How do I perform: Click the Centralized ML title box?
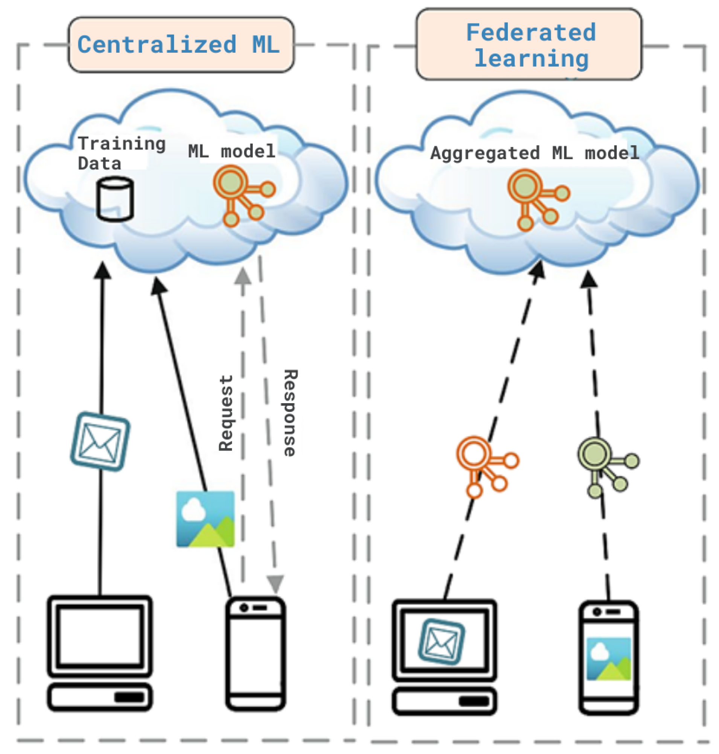point(181,44)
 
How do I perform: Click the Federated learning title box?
point(529,44)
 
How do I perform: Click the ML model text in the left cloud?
point(232,151)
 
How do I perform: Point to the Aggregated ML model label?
point(534,153)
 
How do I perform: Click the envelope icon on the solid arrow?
point(100,441)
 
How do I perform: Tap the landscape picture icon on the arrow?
point(205,518)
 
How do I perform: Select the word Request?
point(226,413)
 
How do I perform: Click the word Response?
point(290,413)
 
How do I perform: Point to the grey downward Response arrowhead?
point(275,583)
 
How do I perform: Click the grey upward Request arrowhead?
point(242,277)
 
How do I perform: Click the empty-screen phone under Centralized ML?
point(256,653)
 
